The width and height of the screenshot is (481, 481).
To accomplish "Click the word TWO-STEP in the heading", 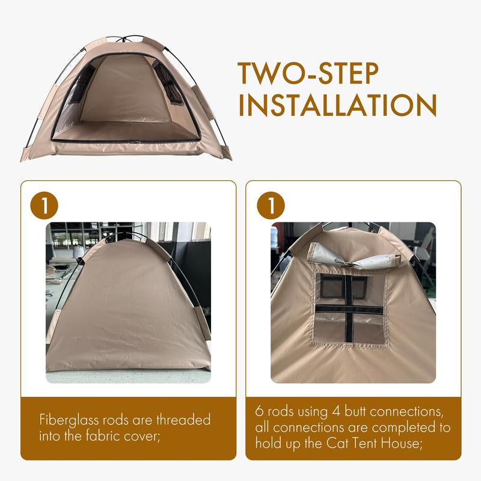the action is point(308,73).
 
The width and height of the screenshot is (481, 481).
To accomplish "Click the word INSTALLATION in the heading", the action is point(337,105).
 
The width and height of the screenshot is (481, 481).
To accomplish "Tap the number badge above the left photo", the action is point(44,205).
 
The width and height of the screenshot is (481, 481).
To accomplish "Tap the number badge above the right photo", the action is point(271,205).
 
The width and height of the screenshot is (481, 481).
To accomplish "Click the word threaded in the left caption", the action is point(183,419).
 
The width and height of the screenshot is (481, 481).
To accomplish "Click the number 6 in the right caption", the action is point(259,411).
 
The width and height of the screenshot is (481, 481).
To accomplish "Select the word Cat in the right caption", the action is point(337,443).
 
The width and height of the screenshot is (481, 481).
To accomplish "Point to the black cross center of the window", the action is point(349,308).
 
